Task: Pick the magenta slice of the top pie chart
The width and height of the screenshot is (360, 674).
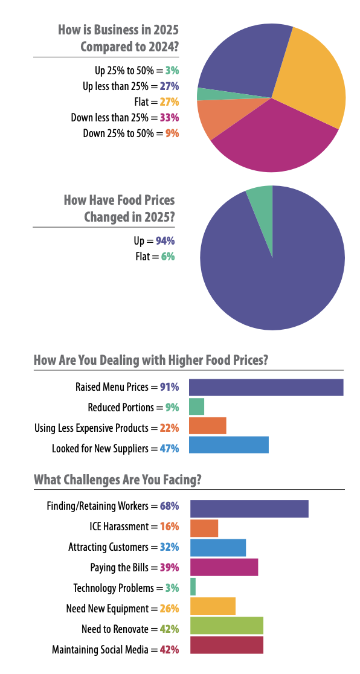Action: coord(272,142)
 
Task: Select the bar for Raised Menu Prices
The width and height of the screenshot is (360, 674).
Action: coord(266,387)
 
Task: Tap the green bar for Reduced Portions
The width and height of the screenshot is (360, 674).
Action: coord(196,406)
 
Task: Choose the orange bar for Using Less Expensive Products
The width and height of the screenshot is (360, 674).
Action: coord(207,426)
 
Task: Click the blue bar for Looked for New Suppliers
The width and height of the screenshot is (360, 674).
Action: coord(228,446)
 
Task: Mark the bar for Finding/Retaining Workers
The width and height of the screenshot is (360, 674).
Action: coord(249,509)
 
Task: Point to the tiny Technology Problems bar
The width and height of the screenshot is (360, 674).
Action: coord(193,586)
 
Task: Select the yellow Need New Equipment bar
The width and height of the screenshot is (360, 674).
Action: coord(213,606)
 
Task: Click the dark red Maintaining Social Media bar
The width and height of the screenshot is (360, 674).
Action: coord(227,645)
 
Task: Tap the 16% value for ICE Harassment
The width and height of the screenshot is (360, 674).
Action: coord(169,527)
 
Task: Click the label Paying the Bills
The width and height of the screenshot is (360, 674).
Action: coord(124,568)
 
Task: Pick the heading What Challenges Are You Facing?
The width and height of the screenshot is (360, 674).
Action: coord(118,480)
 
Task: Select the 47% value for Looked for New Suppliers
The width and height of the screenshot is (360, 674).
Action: coord(169,449)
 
